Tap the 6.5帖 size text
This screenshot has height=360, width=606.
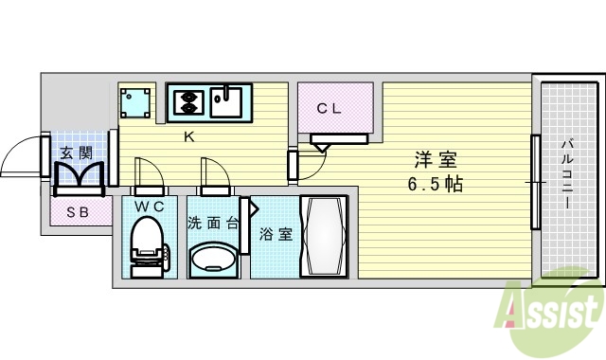[x=435, y=184]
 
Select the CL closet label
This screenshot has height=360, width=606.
[x=329, y=108]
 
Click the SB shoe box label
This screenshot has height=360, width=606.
[x=77, y=212]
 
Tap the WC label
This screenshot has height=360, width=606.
[x=148, y=205]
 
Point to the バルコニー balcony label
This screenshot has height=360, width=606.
[x=566, y=176]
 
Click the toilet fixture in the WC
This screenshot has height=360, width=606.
[x=147, y=244]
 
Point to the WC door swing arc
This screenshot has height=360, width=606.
[x=147, y=175]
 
